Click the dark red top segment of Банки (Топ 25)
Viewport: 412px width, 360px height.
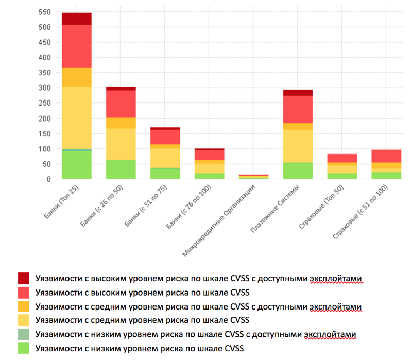[77, 19]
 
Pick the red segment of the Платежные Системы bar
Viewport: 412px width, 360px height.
[298, 109]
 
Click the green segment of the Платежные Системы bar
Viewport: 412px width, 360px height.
[298, 170]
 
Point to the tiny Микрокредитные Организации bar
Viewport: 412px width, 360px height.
[253, 177]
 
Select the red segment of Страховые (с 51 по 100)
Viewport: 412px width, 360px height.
[386, 156]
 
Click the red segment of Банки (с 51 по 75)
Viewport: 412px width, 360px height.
[165, 137]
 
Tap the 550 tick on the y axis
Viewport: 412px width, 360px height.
[46, 12]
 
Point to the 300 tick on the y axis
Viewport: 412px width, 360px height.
[46, 88]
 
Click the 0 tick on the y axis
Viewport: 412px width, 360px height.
[50, 179]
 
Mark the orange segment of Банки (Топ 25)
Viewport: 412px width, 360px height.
[77, 77]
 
